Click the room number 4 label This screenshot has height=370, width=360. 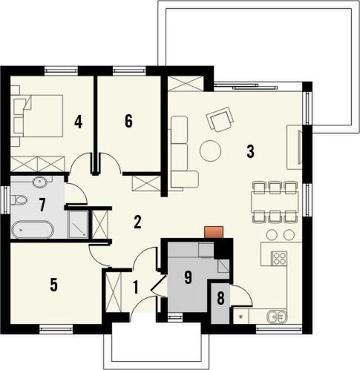click(78, 121)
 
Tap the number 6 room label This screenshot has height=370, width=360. click(128, 122)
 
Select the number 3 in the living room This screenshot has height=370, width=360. click(251, 152)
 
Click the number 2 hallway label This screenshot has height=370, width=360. click(137, 221)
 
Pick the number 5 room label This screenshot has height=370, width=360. click(53, 283)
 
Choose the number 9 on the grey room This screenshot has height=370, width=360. click(189, 277)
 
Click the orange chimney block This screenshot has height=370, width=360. click(214, 232)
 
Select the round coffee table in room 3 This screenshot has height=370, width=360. click(210, 151)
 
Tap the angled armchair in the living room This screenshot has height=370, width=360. click(220, 118)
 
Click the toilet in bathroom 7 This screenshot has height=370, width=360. click(20, 199)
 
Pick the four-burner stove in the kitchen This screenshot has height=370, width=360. click(280, 259)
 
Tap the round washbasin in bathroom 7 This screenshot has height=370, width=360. click(39, 181)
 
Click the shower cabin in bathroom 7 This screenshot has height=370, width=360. click(78, 226)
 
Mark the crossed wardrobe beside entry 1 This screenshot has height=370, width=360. click(114, 292)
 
